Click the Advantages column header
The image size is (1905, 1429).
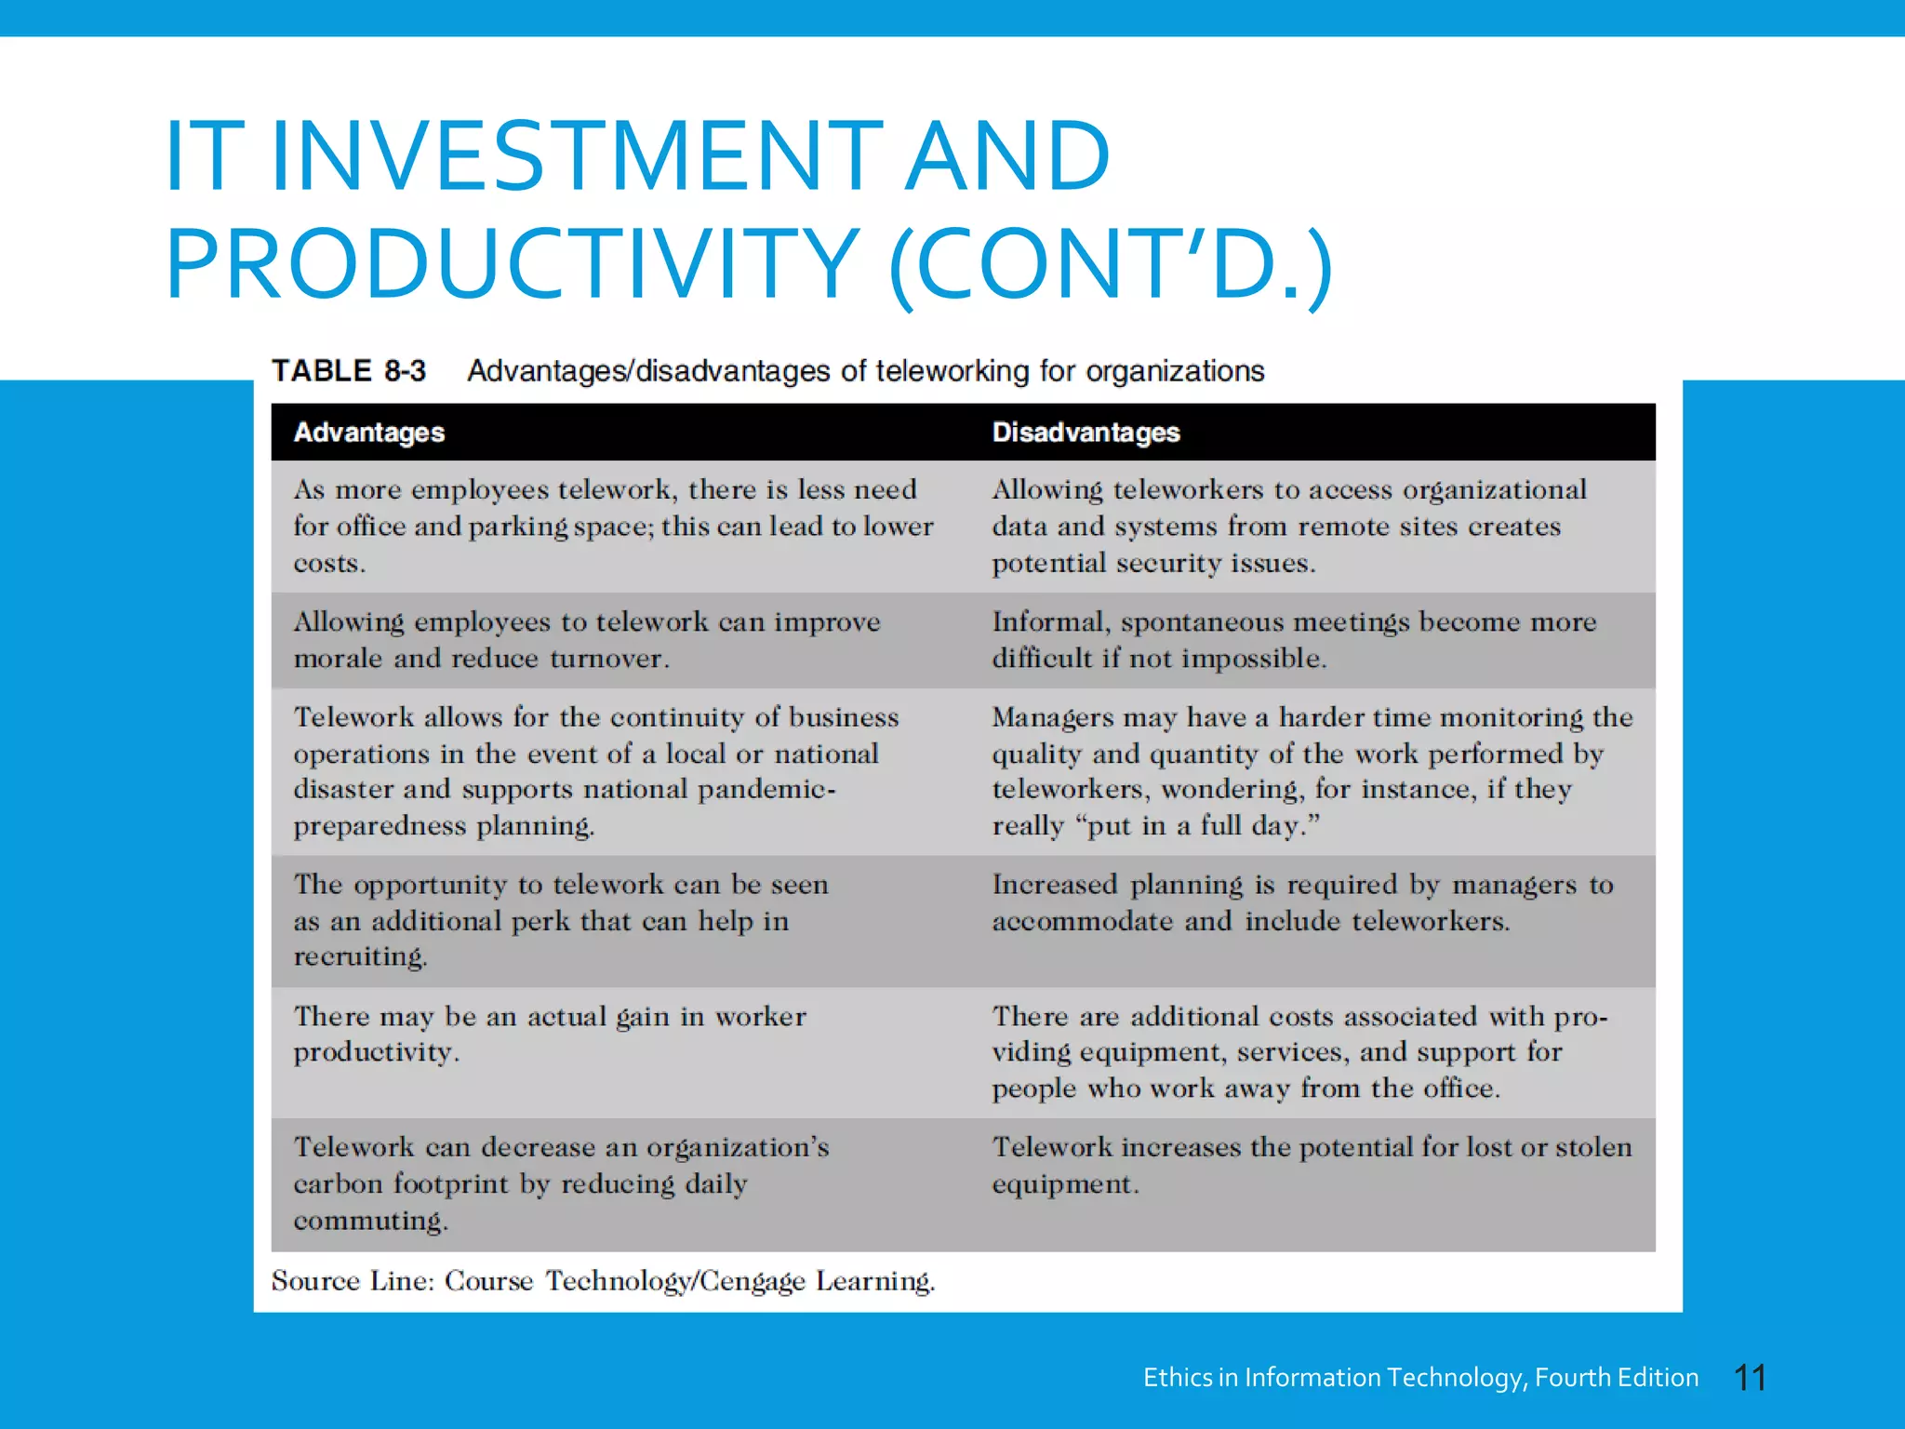(369, 433)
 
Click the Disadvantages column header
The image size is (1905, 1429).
(1086, 433)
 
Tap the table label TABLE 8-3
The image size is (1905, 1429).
(349, 371)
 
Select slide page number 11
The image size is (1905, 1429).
(1750, 1378)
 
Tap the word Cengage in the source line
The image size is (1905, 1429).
(753, 1281)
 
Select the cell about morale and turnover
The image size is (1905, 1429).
(587, 640)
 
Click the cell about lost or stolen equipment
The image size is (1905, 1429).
(1312, 1166)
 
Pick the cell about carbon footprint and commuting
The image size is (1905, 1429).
(561, 1183)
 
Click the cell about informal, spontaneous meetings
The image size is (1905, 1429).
(1294, 640)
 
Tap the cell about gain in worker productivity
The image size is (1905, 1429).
(550, 1034)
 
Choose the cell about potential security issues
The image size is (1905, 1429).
(1289, 527)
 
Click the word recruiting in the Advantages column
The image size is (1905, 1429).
(360, 956)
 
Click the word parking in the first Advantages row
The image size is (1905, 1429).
(518, 528)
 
